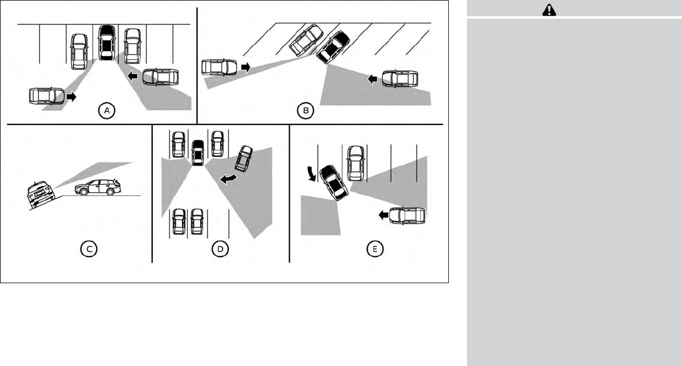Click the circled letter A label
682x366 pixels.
tap(107, 111)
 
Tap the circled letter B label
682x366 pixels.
tap(305, 111)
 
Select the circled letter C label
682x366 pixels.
tap(89, 249)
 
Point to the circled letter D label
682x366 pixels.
tap(220, 249)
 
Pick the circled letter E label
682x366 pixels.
tap(375, 249)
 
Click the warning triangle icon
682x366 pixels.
tap(549, 9)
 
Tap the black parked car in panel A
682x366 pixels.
tap(107, 42)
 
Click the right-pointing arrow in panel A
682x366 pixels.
tap(71, 96)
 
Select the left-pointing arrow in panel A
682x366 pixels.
tap(132, 77)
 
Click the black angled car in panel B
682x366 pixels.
tap(333, 47)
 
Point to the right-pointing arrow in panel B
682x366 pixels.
tap(246, 67)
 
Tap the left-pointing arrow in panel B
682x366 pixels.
tap(372, 79)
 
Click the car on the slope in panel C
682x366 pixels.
tap(40, 194)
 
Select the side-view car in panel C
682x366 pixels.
tap(97, 187)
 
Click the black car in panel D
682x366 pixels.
tap(198, 152)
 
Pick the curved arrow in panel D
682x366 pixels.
tap(229, 178)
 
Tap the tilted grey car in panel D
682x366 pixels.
tap(244, 159)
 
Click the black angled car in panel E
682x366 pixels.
tap(334, 183)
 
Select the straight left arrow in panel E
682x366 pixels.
tap(383, 215)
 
